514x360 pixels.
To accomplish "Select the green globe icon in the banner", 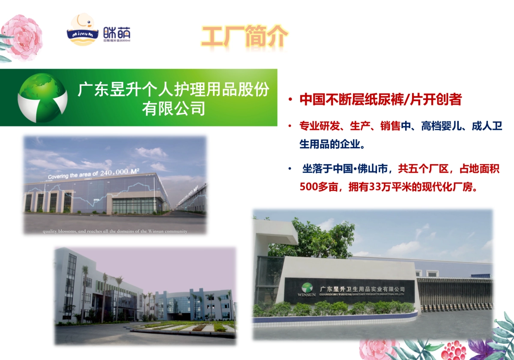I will pos(42,97).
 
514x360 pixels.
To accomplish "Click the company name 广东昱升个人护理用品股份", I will pos(173,90).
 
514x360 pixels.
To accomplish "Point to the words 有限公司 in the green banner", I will pos(173,108).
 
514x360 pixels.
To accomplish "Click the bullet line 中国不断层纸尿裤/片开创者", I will pos(380,99).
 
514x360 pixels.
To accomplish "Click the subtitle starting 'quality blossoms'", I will pos(115,231).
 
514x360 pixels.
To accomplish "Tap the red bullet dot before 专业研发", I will pos(290,126).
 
